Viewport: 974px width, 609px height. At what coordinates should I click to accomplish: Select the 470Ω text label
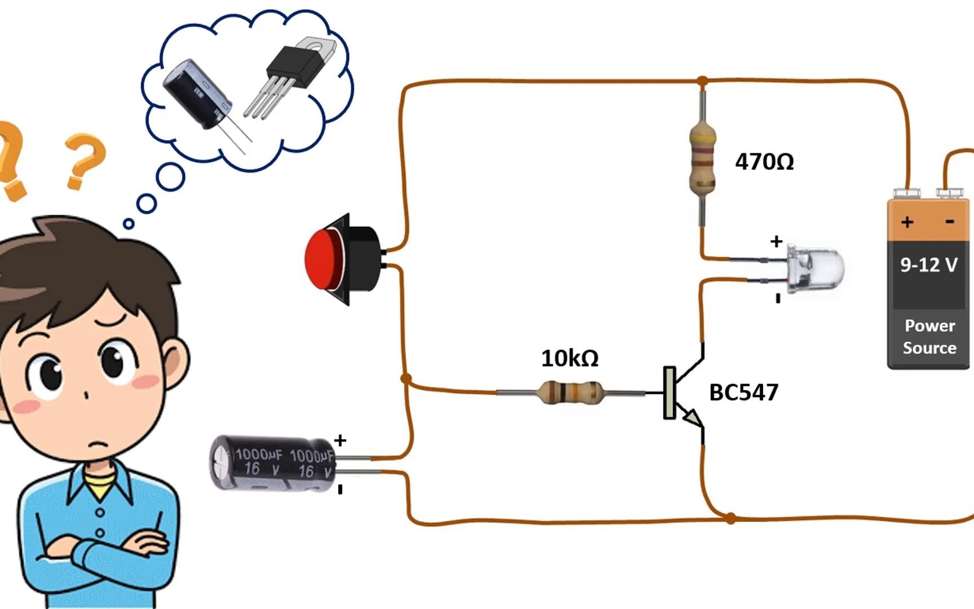764,162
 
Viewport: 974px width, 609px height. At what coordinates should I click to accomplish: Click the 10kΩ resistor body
570,392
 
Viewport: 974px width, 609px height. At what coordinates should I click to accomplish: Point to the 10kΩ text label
570,359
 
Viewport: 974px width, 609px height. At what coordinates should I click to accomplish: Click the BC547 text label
743,392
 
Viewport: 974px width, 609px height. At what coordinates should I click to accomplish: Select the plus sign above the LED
776,242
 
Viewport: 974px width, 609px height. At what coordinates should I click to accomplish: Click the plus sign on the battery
907,222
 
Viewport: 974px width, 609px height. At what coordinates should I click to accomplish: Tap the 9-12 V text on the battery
928,264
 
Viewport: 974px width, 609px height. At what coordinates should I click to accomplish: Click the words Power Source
929,337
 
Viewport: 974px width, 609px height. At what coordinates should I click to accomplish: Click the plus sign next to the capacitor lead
340,440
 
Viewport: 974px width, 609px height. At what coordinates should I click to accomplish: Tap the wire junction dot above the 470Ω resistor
702,82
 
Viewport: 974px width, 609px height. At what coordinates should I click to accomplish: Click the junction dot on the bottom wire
730,518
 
